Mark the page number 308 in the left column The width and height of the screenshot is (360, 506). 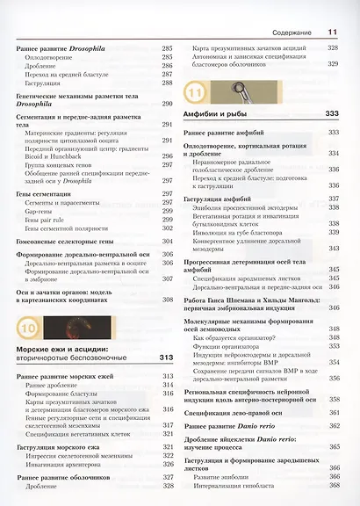pos(167,300)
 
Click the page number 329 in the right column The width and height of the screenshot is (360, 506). pos(334,63)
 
